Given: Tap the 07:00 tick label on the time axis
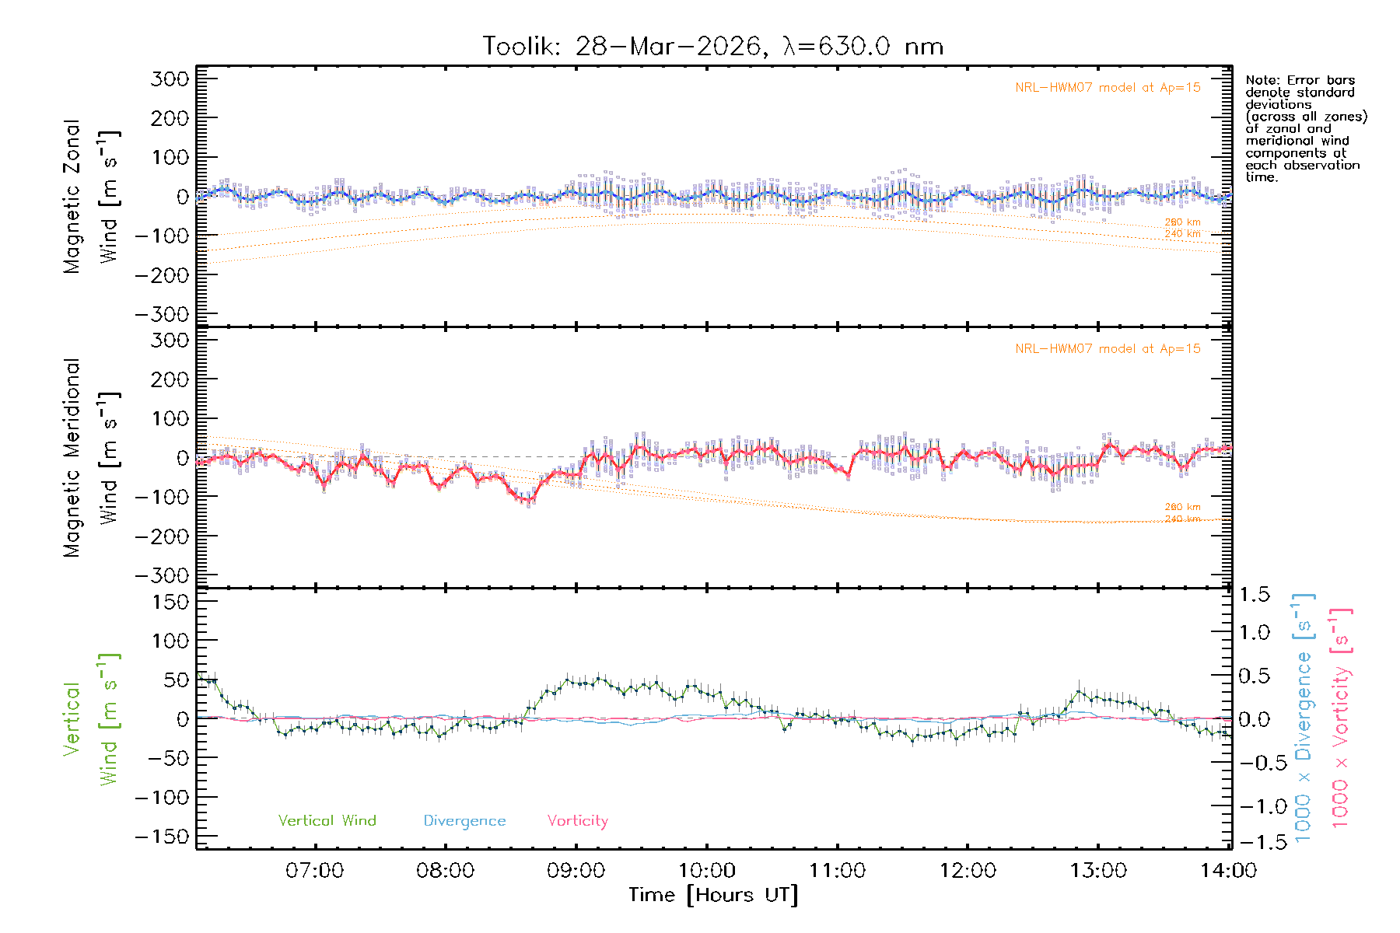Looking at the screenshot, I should (x=314, y=871).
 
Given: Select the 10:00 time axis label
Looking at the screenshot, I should (x=706, y=871).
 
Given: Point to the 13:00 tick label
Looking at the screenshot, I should (x=1097, y=871).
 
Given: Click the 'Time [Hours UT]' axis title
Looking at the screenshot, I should (x=713, y=896).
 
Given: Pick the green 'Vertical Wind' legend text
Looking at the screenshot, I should (x=327, y=821).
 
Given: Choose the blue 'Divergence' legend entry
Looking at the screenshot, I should (x=464, y=821).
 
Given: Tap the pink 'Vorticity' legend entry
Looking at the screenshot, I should (x=577, y=821).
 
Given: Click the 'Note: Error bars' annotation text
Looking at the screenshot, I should (x=1300, y=81).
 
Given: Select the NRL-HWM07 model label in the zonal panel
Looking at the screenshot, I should (x=1108, y=88).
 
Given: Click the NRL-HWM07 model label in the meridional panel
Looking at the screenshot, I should (x=1108, y=349).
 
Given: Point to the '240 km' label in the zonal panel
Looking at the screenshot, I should (x=1182, y=234).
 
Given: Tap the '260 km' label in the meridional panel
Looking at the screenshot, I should (x=1182, y=507).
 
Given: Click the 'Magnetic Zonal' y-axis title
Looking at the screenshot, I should (x=72, y=197).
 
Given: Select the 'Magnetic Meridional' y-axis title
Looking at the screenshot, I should (x=72, y=458).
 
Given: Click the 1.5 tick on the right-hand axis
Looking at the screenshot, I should (x=1255, y=595).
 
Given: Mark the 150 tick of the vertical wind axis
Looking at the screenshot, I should (x=170, y=602).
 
